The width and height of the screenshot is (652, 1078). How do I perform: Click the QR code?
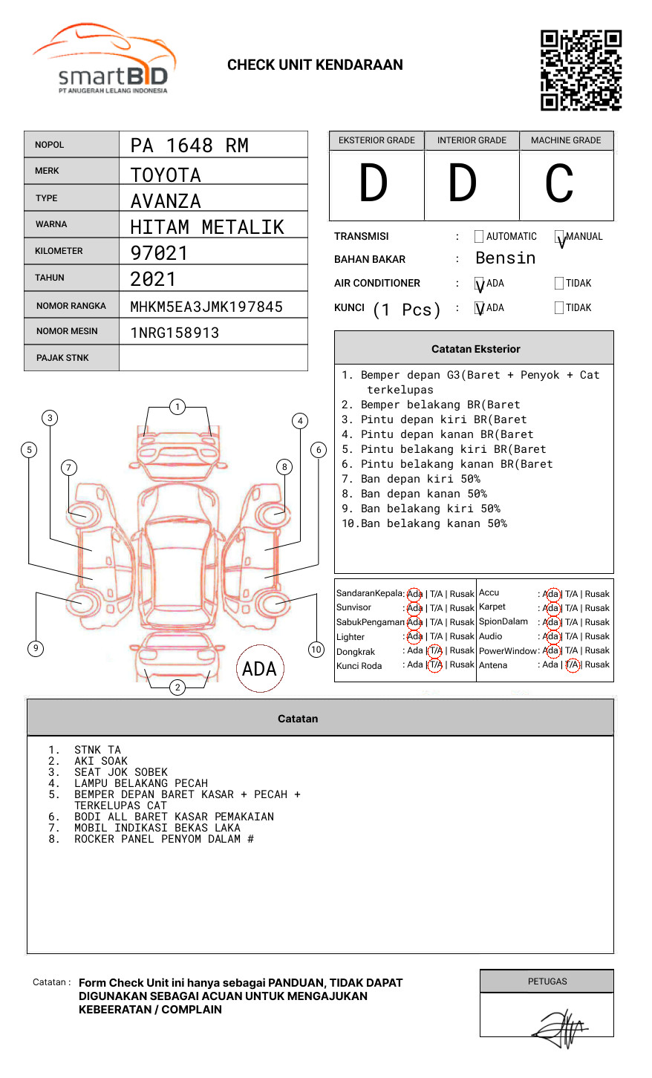(x=581, y=71)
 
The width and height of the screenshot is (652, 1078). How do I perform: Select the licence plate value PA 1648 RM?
(x=189, y=146)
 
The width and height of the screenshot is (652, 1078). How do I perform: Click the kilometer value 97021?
(x=158, y=252)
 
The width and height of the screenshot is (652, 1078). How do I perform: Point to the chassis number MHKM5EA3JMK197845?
(x=206, y=307)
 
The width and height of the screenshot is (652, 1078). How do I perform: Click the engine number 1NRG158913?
(x=175, y=333)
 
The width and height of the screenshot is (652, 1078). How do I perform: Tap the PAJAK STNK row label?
(x=62, y=358)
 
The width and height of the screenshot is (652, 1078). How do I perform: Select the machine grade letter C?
(x=559, y=183)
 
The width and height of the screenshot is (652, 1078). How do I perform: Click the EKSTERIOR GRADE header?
(x=376, y=140)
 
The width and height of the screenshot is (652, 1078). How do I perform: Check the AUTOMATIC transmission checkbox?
(x=479, y=236)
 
